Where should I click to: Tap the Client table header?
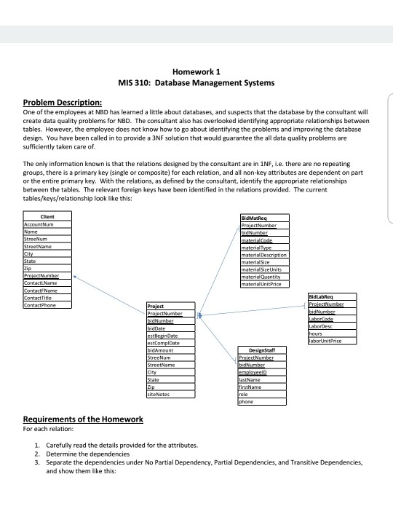(48, 216)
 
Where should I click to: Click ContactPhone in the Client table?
(39, 304)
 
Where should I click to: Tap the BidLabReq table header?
(321, 297)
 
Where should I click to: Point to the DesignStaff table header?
(259, 350)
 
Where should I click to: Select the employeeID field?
(255, 372)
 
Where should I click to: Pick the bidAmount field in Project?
(161, 350)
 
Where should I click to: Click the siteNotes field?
(159, 393)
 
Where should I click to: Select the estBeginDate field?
(163, 336)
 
